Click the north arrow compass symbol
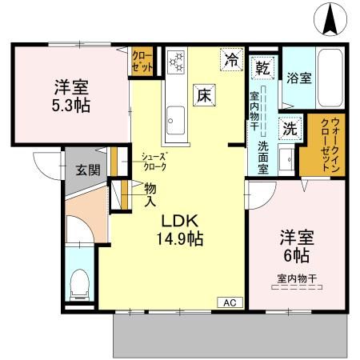point(329,20)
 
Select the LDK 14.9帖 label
point(183,228)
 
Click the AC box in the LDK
point(230,302)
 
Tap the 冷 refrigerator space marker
point(231,59)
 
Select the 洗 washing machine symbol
point(286,126)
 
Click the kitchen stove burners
point(175,61)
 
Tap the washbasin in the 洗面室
point(286,155)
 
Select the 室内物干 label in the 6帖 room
point(296,278)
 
